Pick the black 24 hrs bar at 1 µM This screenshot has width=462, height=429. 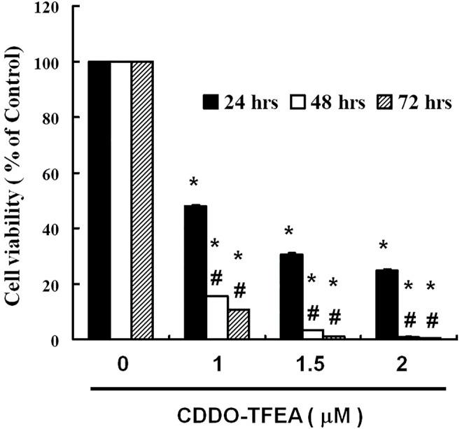195,272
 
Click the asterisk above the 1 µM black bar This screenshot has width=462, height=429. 194,184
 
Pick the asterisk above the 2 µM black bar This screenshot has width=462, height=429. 384,246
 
